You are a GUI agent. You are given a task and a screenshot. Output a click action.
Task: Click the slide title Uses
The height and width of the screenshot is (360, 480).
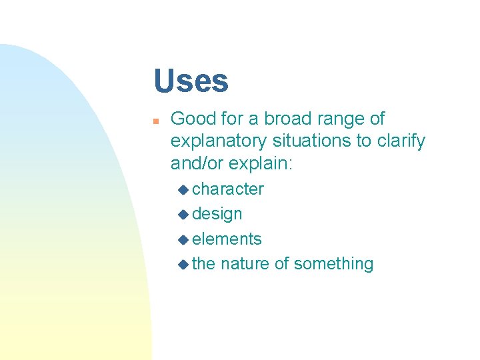click(x=191, y=81)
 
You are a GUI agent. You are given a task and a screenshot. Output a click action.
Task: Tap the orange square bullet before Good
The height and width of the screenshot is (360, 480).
click(x=155, y=121)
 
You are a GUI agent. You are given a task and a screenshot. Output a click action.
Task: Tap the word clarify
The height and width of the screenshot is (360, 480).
click(x=401, y=141)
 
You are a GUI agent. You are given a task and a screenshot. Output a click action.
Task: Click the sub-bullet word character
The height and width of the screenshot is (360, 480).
click(x=228, y=189)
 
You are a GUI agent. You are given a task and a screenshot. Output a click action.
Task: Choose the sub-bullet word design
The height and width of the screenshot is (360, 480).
click(x=217, y=214)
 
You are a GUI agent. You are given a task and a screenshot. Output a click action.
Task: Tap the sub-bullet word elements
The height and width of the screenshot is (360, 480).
click(x=227, y=239)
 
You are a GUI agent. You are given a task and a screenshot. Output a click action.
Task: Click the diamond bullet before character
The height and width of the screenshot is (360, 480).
click(x=184, y=190)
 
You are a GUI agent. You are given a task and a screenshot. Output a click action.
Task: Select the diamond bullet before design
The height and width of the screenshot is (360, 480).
click(x=184, y=215)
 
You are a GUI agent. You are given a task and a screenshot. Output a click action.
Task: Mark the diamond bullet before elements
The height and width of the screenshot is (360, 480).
click(x=184, y=239)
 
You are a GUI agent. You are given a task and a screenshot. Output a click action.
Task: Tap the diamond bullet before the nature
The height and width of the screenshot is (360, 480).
click(x=184, y=265)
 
